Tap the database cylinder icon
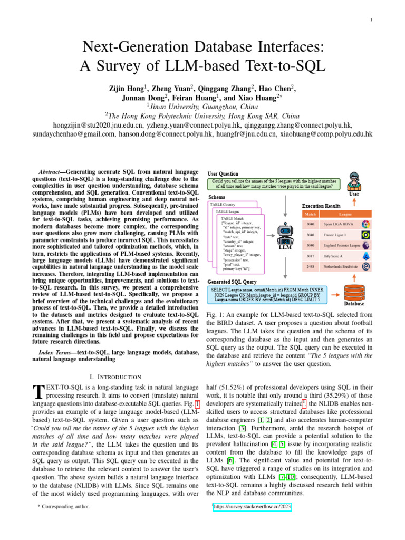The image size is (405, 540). pos(354,291)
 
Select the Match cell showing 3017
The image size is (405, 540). pos(311,256)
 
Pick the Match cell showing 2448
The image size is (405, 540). pos(311,267)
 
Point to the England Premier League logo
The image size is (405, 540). pos(365,245)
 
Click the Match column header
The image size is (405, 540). pos(311,214)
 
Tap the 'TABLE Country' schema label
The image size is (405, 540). pos(223,205)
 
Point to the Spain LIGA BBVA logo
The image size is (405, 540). pos(365,224)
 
